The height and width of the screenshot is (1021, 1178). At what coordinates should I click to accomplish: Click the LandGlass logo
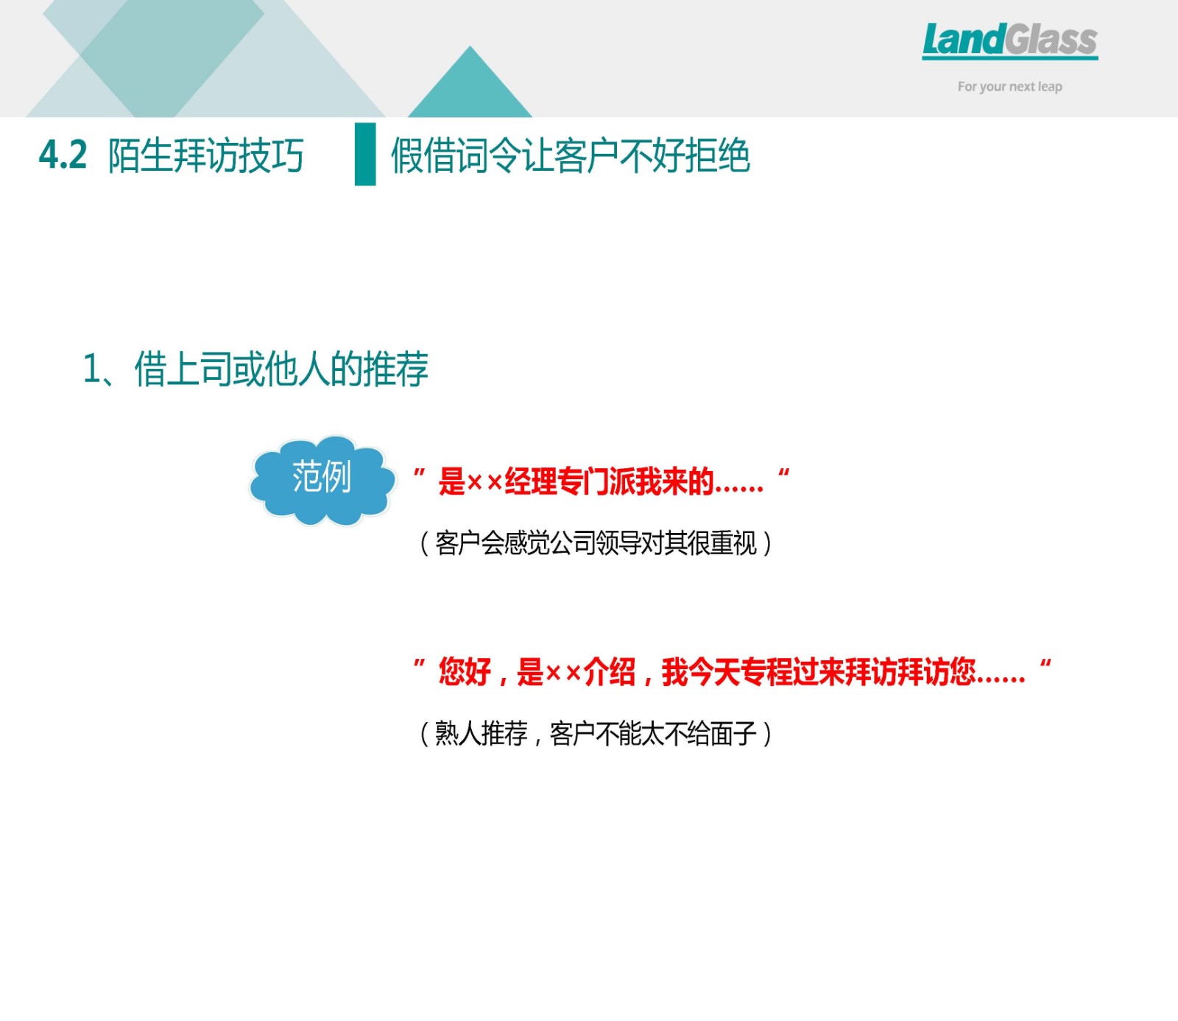1009,40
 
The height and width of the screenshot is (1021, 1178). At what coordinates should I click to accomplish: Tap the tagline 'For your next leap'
1009,87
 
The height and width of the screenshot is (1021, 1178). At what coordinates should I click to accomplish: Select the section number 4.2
63,155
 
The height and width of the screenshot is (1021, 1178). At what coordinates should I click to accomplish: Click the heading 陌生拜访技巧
205,156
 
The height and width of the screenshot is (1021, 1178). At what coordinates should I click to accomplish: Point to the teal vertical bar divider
365,154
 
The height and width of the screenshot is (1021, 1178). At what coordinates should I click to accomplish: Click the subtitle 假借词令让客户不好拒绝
571,156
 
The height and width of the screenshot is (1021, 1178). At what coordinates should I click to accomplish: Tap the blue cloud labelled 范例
322,479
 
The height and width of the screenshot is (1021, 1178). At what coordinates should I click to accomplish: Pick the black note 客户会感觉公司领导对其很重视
596,543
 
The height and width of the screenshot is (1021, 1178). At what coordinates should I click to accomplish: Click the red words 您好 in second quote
465,672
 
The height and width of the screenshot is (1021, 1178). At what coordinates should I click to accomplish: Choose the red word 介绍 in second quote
610,672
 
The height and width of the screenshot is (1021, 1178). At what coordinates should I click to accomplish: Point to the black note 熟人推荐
481,734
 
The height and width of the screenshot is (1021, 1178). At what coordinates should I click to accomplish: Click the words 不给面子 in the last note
710,734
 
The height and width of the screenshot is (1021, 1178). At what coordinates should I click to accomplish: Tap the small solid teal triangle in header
470,82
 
